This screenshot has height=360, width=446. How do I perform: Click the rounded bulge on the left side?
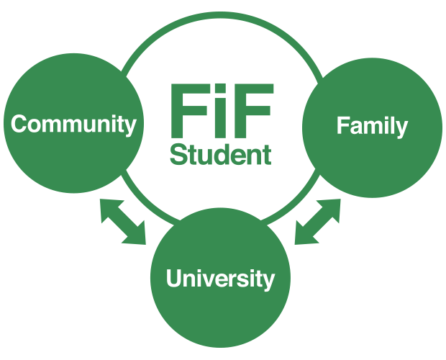[x=8, y=124]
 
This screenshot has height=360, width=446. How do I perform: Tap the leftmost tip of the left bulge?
[x=4, y=124]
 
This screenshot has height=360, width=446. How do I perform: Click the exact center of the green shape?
[x=224, y=180]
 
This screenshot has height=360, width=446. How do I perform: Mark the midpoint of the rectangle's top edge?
[x=224, y=12]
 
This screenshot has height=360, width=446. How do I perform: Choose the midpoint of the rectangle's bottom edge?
[x=224, y=348]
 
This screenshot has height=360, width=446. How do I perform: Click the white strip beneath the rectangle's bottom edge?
[x=224, y=354]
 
